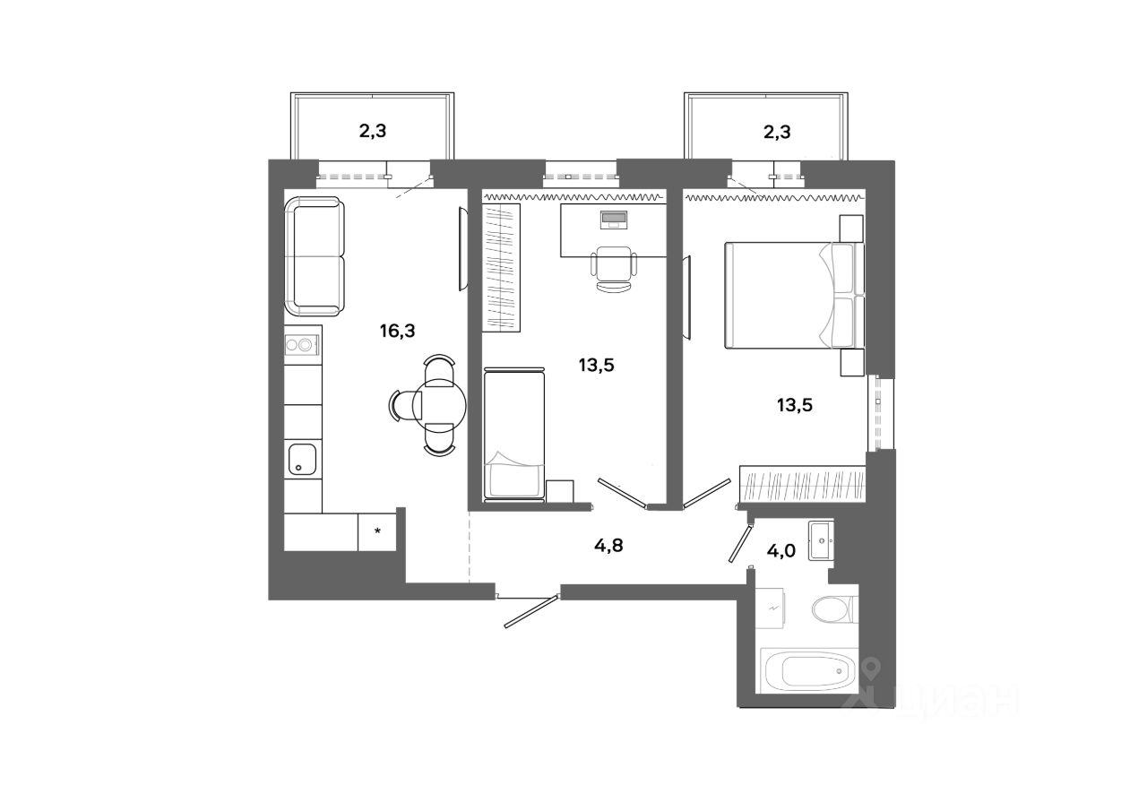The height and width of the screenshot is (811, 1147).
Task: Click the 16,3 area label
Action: (x=396, y=331)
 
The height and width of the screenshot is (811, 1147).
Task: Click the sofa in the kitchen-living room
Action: (x=315, y=257)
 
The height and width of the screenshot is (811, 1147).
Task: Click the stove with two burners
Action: (x=303, y=345)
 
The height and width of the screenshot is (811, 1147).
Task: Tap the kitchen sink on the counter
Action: (x=302, y=461)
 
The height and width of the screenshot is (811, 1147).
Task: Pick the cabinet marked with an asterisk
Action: (x=378, y=531)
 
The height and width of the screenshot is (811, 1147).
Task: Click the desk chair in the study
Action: (x=614, y=268)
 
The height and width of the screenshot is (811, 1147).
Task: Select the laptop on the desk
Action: (x=615, y=219)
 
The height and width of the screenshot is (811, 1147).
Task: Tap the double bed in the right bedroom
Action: (x=789, y=295)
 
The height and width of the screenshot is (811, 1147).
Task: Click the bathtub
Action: (x=807, y=669)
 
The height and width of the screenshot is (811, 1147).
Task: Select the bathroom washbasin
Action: (x=821, y=540)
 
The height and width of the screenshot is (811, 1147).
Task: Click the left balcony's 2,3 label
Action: (x=374, y=132)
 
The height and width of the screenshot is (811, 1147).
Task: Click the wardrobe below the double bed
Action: (x=801, y=485)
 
